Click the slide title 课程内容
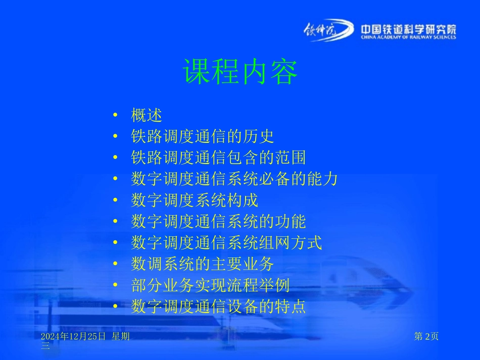point(240,72)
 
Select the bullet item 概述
point(147,115)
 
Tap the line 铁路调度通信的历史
point(202,136)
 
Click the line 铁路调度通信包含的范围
point(218,158)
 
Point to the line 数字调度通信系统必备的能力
point(234,179)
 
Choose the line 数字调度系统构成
point(195,200)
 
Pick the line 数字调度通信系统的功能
point(218,222)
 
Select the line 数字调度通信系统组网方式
point(226,243)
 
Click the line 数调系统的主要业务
point(202,264)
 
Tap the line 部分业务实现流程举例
point(210,286)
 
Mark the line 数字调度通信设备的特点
point(218,307)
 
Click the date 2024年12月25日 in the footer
point(73,337)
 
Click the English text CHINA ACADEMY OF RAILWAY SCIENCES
point(408,37)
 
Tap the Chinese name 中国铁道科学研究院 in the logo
point(408,29)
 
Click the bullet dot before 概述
point(116,116)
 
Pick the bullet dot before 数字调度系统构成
point(116,201)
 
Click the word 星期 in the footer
point(120,337)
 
